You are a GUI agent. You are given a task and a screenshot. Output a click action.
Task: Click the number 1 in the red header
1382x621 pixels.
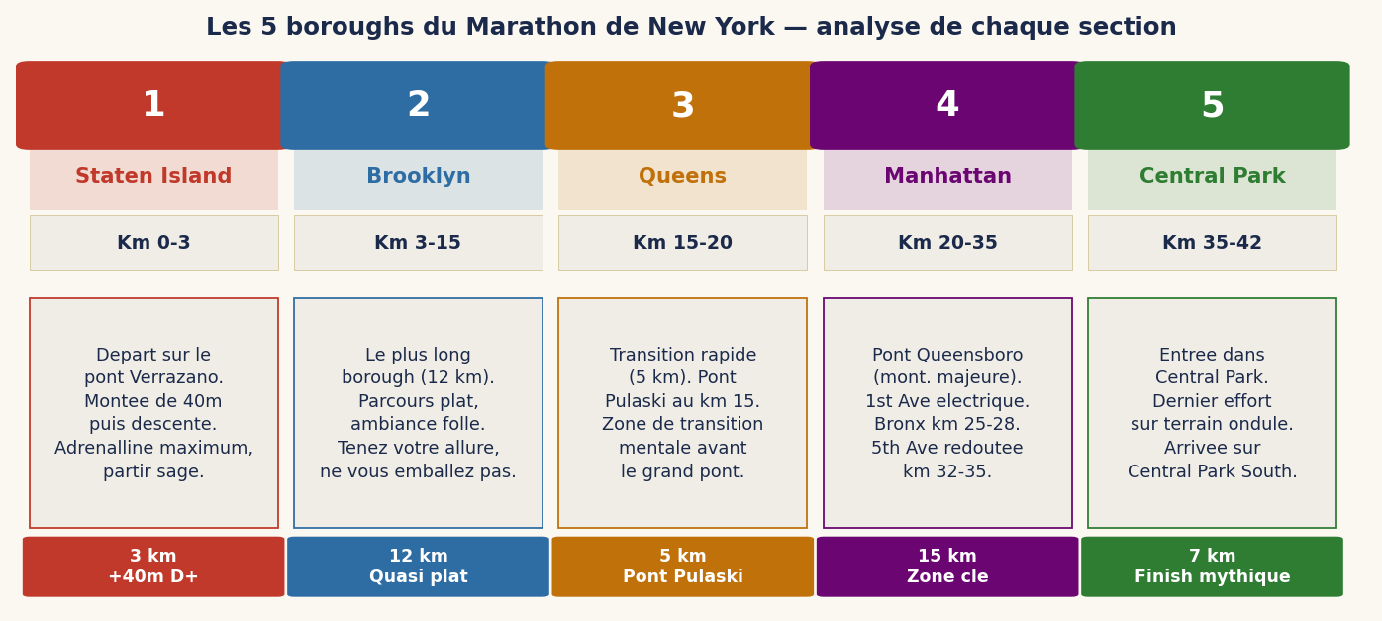click(153, 106)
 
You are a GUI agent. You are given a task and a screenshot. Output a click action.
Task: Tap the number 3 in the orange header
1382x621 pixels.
click(682, 106)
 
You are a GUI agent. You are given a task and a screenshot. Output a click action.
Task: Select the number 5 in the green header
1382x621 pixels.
click(1212, 106)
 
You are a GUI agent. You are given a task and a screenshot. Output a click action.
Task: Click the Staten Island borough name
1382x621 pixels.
click(153, 177)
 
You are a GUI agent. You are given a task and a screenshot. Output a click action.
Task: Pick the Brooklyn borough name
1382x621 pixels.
click(418, 177)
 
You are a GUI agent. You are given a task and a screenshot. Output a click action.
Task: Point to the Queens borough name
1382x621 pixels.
click(682, 177)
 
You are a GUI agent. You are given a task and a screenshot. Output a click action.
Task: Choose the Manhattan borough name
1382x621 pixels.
click(947, 177)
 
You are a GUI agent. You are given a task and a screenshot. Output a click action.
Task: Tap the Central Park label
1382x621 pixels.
click(1212, 177)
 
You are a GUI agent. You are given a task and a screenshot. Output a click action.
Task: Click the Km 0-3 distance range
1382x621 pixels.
click(153, 243)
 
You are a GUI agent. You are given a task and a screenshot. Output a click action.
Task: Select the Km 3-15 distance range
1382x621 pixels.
click(418, 243)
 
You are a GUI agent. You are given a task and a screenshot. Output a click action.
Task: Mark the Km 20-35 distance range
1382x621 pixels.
click(947, 243)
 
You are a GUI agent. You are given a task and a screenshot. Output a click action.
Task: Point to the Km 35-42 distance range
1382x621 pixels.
click(1212, 243)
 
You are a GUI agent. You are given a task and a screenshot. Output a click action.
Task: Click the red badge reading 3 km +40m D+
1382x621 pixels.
click(153, 567)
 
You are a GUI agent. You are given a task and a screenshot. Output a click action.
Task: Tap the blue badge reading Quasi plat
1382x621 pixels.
click(418, 567)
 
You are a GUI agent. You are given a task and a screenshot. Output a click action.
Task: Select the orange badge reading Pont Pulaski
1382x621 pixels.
click(682, 567)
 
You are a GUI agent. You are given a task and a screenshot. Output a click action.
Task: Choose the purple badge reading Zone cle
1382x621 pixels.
click(947, 567)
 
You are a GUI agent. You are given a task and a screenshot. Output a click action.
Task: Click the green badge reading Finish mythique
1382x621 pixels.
click(1212, 567)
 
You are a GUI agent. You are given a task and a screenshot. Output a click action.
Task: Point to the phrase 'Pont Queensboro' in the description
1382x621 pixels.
click(947, 355)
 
